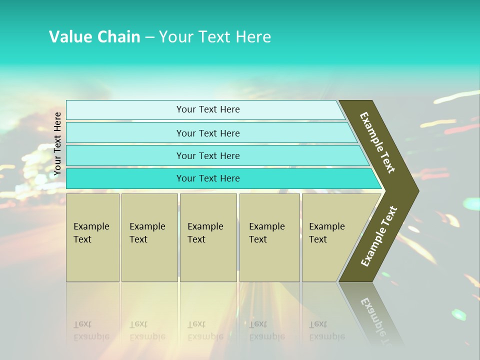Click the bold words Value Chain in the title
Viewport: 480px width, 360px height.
[94, 37]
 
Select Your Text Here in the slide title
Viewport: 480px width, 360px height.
[215, 37]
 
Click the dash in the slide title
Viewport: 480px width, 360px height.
[149, 37]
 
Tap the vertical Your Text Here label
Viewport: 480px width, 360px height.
[57, 143]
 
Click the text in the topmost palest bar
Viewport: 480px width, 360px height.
[208, 109]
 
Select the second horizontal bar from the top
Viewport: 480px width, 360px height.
[208, 133]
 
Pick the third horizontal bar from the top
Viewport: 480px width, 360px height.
[208, 155]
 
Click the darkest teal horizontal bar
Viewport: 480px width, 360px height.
[208, 178]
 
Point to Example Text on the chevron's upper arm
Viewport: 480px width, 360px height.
[377, 142]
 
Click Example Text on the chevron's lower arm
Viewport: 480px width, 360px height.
[379, 236]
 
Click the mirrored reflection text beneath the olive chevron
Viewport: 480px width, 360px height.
[376, 317]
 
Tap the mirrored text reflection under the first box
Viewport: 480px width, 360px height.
[91, 330]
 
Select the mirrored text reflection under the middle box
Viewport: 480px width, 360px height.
[205, 330]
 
